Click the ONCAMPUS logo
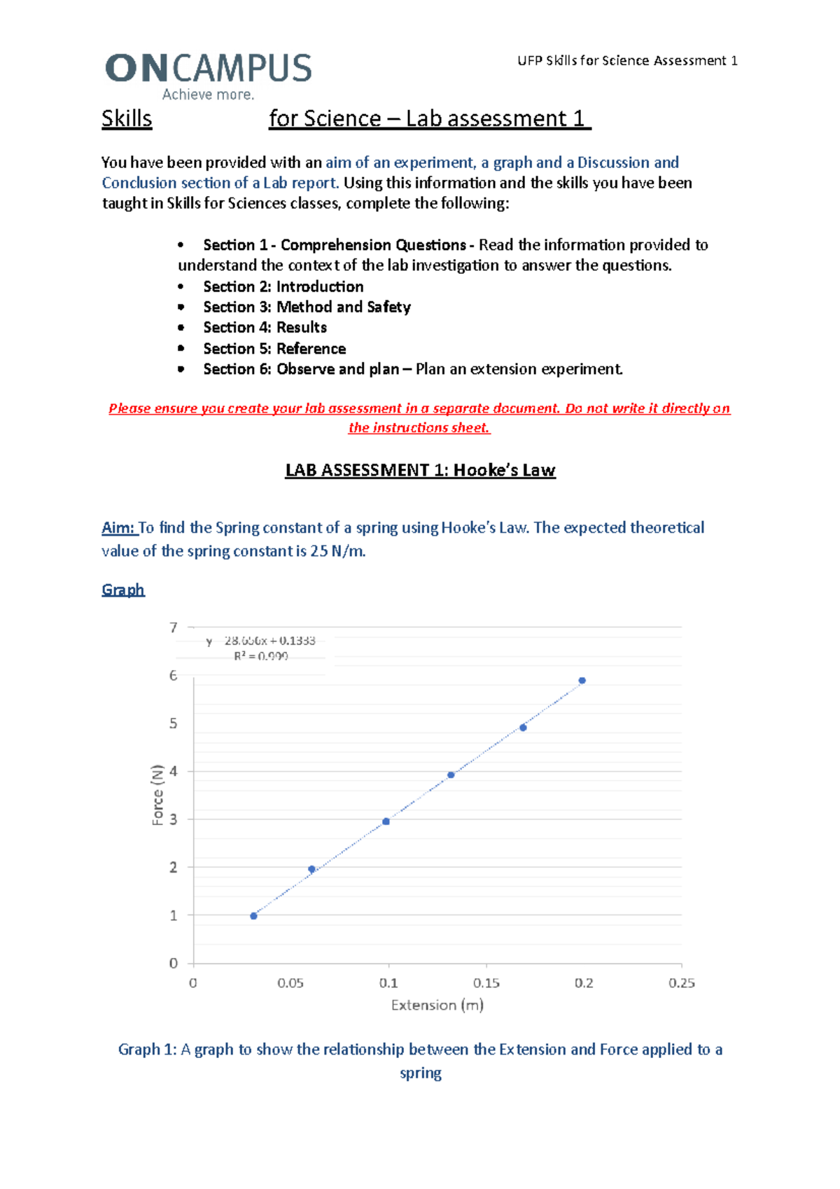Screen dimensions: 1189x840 click(x=209, y=69)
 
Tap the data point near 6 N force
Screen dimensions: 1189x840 click(x=582, y=681)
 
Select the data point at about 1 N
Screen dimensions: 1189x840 click(x=253, y=916)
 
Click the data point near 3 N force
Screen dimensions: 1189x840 click(x=386, y=821)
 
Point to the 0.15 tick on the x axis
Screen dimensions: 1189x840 click(x=486, y=983)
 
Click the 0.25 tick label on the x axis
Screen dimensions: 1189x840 click(x=681, y=983)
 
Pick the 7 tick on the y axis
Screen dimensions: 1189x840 click(x=174, y=627)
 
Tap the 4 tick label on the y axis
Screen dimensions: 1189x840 click(x=174, y=771)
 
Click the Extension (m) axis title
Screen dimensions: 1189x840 click(x=437, y=1006)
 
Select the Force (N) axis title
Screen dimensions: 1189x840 click(x=157, y=795)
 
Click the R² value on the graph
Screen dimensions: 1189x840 click(x=261, y=656)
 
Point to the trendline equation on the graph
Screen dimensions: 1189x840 click(x=261, y=641)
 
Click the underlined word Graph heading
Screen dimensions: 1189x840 click(x=123, y=590)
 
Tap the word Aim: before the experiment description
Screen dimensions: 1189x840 click(x=118, y=528)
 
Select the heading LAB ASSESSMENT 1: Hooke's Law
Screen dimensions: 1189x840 click(x=420, y=470)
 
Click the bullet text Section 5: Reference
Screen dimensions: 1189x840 click(x=274, y=349)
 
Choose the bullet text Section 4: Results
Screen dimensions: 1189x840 click(x=265, y=328)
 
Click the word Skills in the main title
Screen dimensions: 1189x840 click(x=127, y=118)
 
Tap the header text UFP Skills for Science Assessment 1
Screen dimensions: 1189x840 click(x=627, y=61)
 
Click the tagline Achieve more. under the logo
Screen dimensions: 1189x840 click(x=208, y=95)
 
